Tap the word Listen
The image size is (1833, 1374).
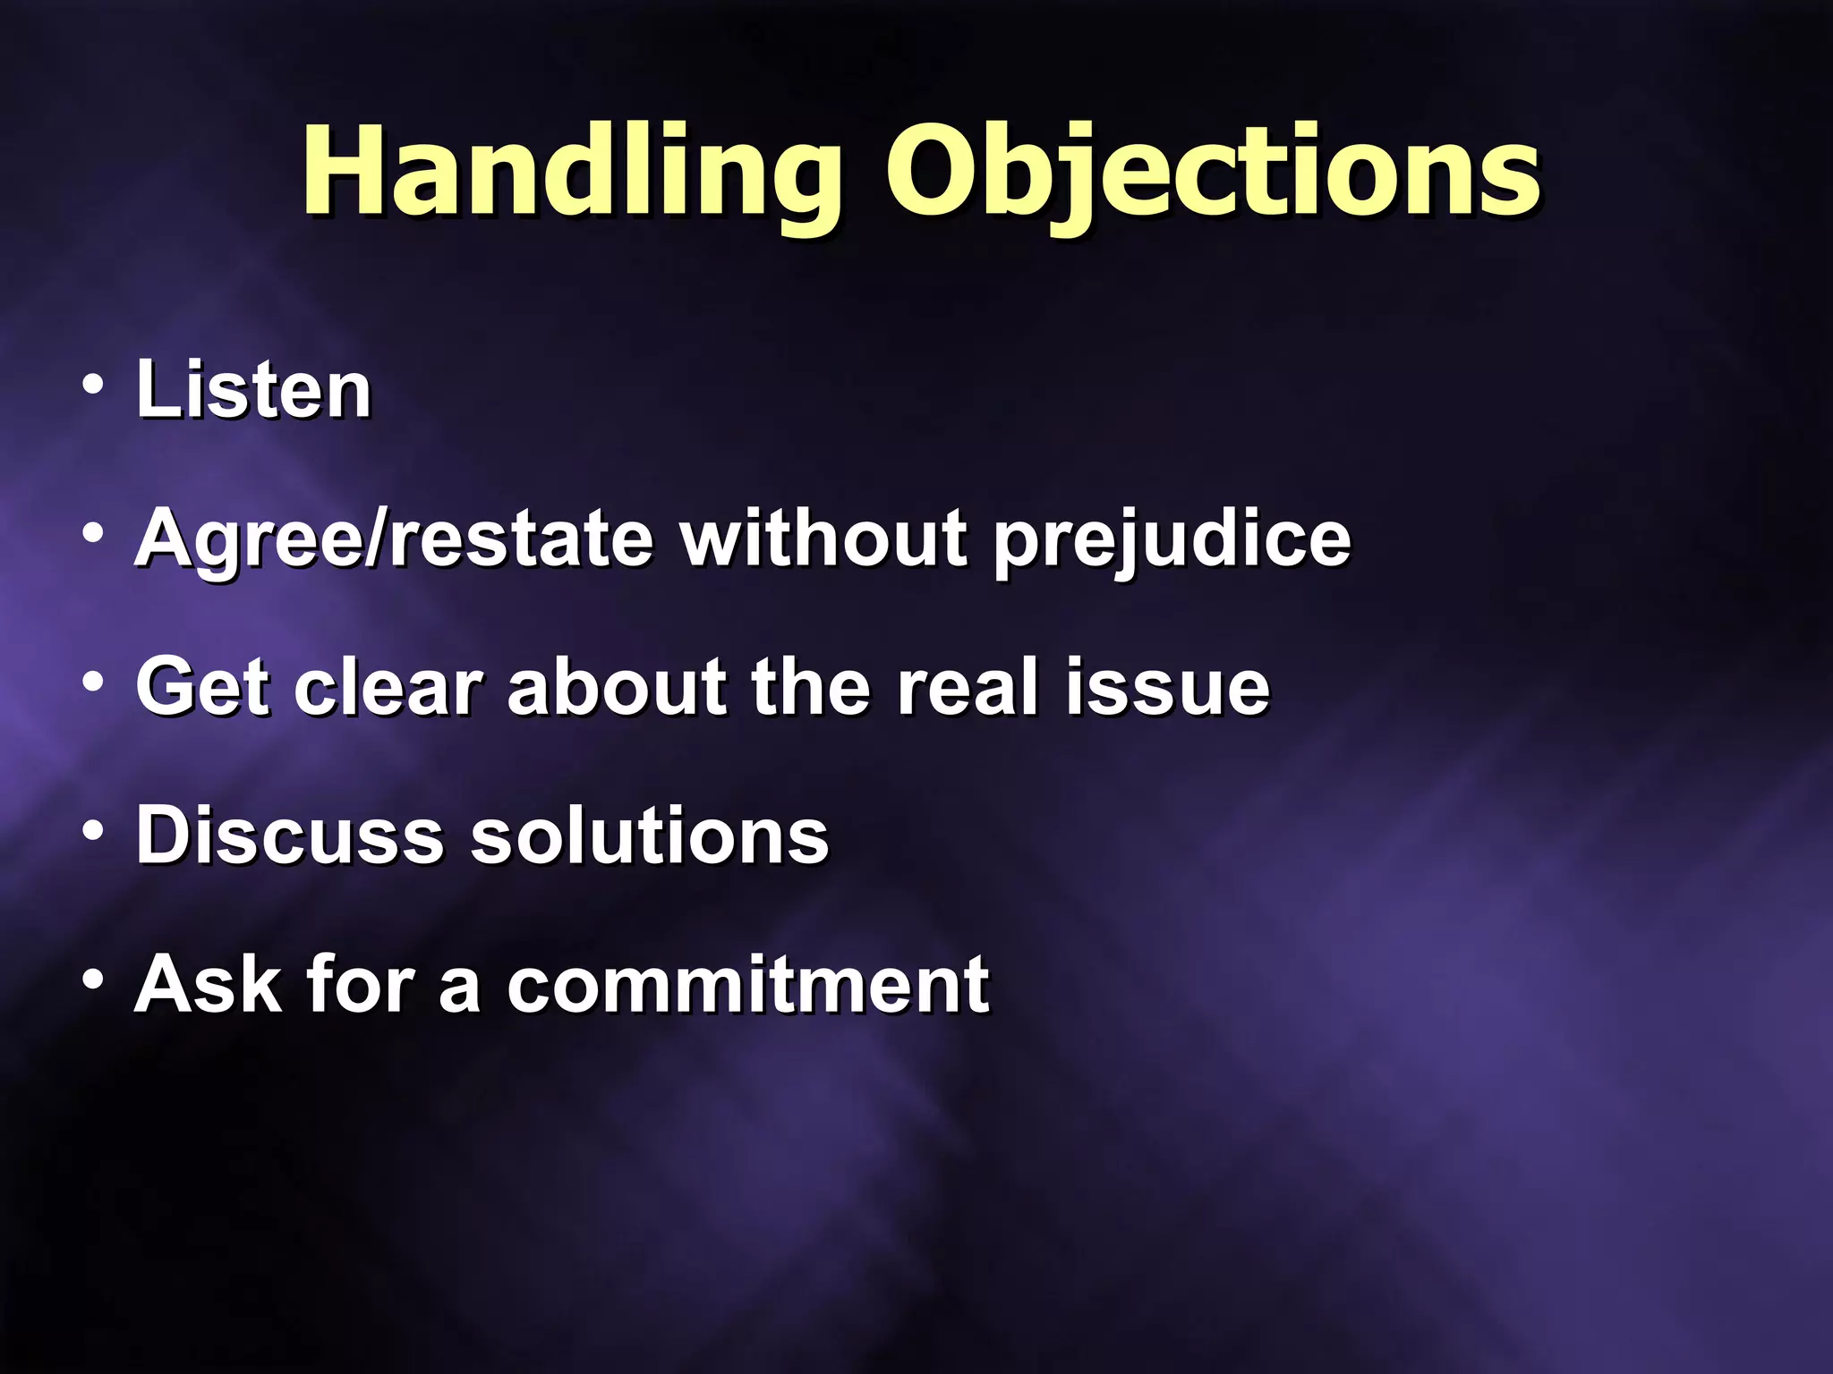pyautogui.click(x=253, y=390)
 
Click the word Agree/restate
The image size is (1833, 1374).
pyautogui.click(x=394, y=539)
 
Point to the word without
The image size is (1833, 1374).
pyautogui.click(x=823, y=539)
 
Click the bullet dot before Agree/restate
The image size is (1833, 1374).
pyautogui.click(x=92, y=535)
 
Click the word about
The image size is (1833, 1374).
pyautogui.click(x=617, y=687)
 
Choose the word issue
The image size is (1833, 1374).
pyautogui.click(x=1167, y=687)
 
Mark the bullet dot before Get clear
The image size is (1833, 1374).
pyautogui.click(x=92, y=683)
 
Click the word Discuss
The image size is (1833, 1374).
pyautogui.click(x=290, y=835)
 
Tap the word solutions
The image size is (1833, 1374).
pyautogui.click(x=650, y=835)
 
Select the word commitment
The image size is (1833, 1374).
pyautogui.click(x=748, y=984)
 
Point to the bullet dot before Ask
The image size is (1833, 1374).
pyautogui.click(x=92, y=980)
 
